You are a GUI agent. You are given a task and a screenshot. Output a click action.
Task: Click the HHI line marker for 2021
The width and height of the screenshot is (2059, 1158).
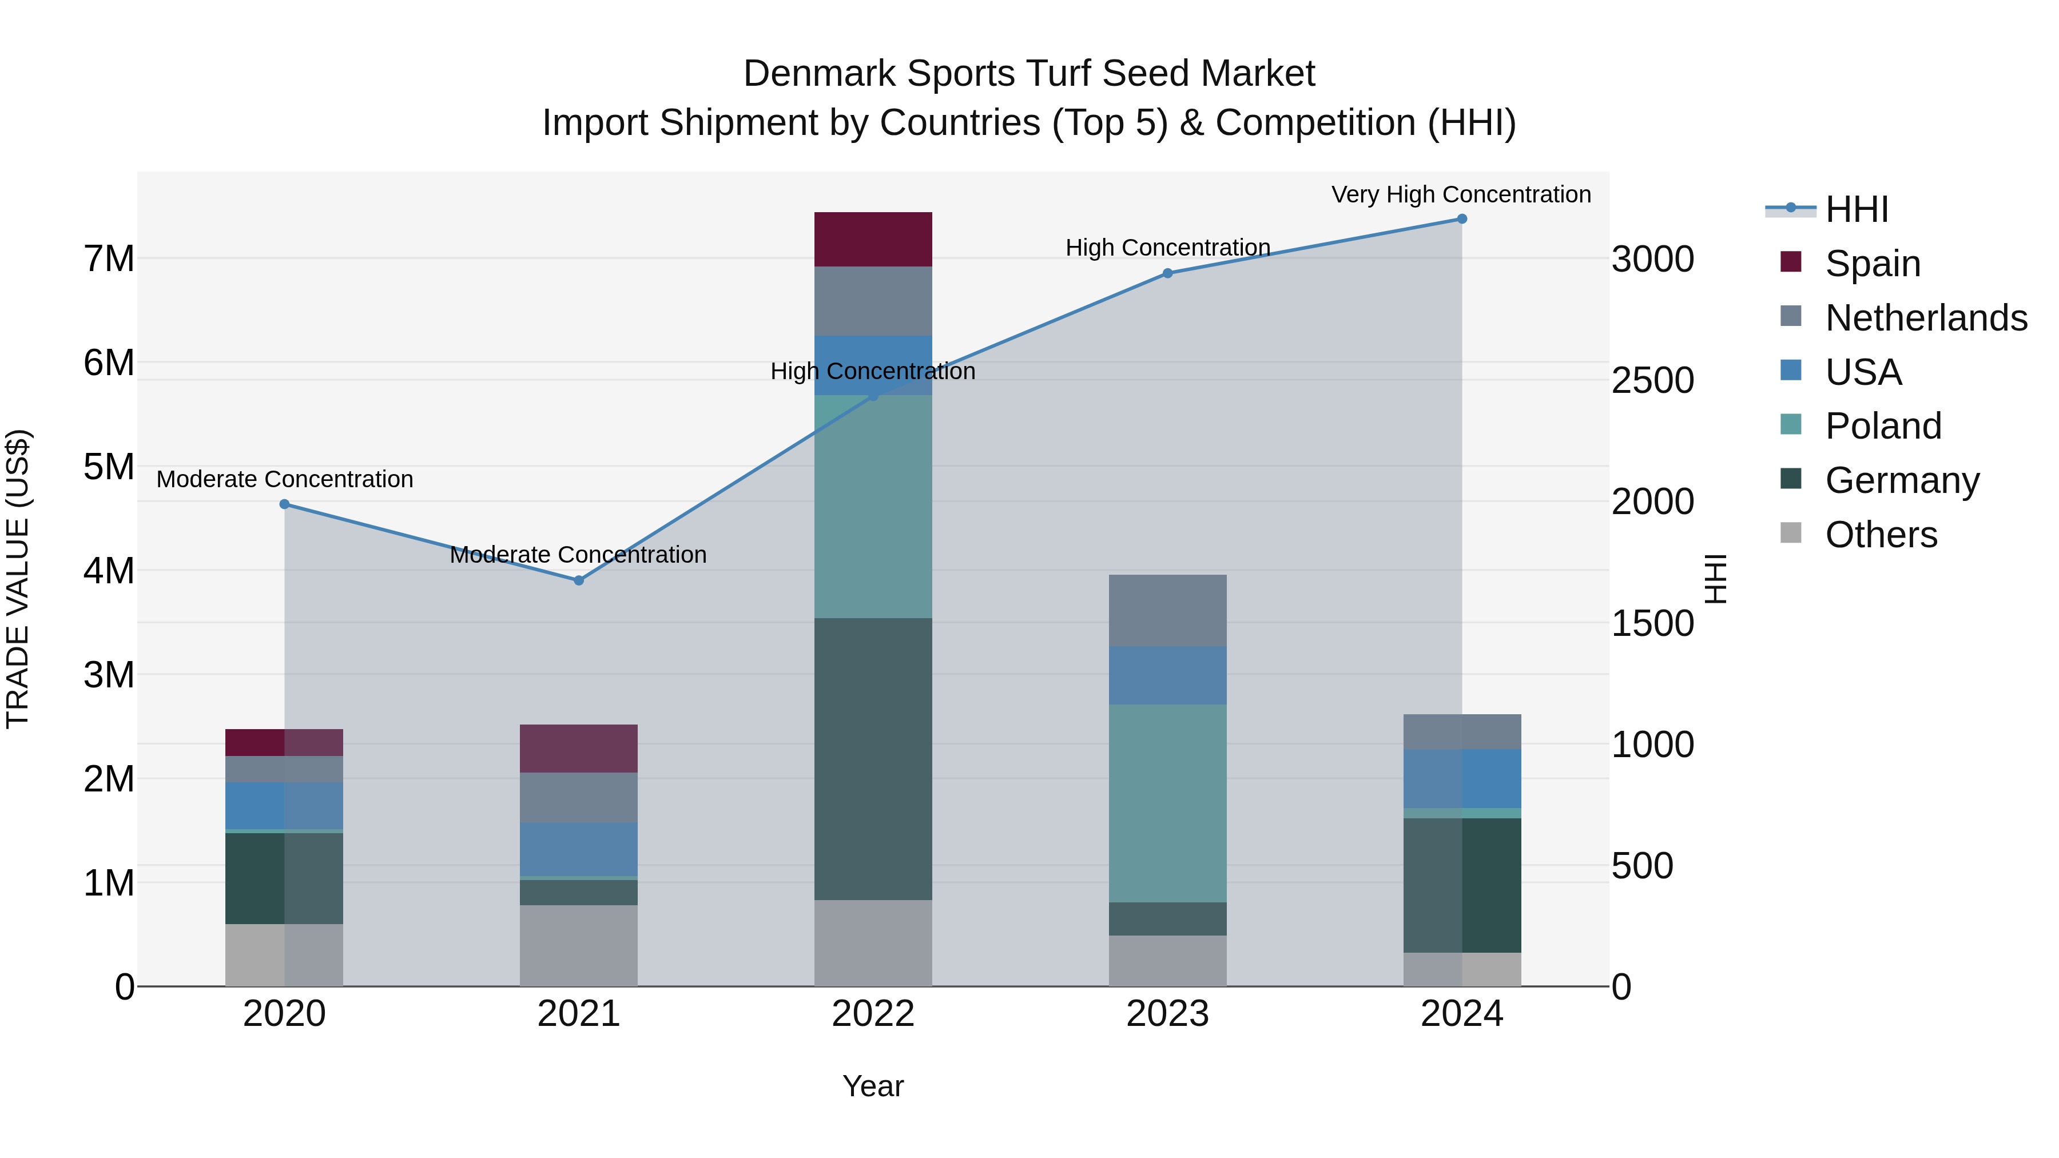tap(579, 580)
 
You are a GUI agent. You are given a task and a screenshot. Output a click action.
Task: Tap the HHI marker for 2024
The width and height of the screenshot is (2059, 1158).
tap(1462, 219)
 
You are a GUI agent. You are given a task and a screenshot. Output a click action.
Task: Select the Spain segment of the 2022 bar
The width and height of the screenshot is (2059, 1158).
tap(873, 239)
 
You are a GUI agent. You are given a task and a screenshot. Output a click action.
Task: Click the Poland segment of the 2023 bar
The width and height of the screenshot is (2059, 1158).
tap(1168, 803)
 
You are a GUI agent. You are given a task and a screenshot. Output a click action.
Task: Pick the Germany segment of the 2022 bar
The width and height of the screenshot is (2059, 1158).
tap(873, 759)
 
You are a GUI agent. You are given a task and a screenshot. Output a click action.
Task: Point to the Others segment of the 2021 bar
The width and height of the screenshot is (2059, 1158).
tap(579, 945)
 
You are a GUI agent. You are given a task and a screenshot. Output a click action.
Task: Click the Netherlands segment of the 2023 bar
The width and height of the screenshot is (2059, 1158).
tap(1168, 611)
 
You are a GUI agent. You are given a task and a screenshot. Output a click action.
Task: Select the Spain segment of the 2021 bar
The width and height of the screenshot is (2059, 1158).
tap(579, 748)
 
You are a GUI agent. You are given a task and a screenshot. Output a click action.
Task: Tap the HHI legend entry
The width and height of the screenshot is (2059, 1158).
tap(1856, 209)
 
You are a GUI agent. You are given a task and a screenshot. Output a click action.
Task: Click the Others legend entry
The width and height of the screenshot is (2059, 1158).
tap(1881, 535)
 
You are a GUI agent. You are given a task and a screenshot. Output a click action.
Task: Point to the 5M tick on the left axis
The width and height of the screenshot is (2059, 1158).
tap(109, 467)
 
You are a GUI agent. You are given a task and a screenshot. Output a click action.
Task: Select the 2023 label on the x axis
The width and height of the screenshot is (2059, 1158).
tap(1168, 1014)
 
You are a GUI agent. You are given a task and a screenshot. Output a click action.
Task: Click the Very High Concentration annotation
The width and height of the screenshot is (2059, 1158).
tap(1461, 195)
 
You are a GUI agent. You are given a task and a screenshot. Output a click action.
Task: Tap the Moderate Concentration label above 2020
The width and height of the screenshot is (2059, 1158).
tap(285, 480)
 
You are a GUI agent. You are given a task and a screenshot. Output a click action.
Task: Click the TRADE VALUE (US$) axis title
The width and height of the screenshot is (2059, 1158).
tap(18, 579)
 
